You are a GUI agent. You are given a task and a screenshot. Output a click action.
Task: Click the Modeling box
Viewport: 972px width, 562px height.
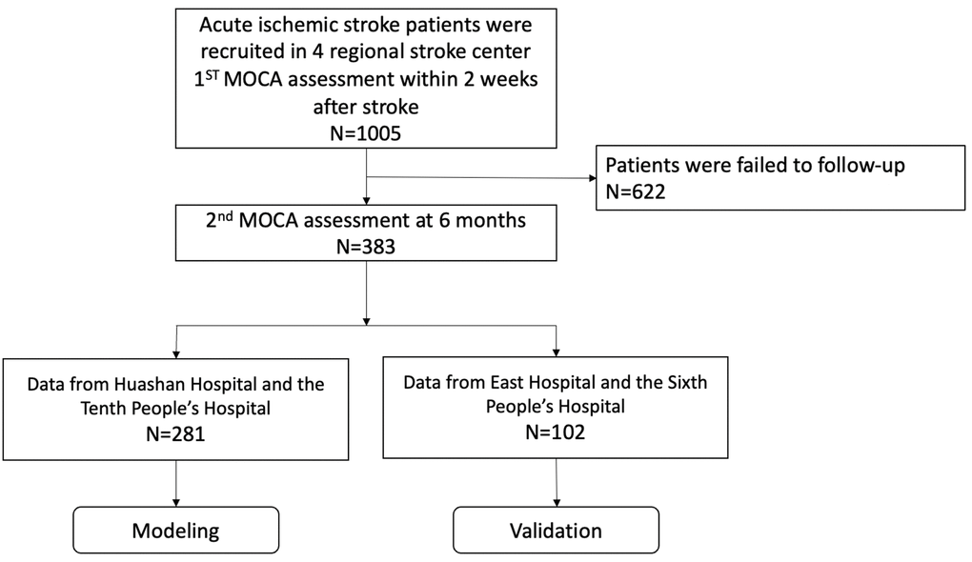click(x=176, y=530)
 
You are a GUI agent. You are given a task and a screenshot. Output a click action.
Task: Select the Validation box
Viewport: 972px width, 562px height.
click(x=556, y=530)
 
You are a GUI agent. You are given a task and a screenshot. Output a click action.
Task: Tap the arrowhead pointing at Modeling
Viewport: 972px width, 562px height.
click(x=176, y=501)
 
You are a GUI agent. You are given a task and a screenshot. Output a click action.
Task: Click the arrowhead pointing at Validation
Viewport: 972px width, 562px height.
click(x=556, y=501)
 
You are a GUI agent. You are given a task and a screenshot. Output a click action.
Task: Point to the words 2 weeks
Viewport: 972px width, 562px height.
click(x=496, y=79)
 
